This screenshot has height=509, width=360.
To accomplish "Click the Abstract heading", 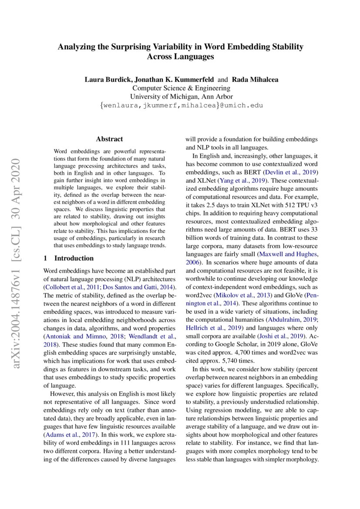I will pyautogui.click(x=109, y=139).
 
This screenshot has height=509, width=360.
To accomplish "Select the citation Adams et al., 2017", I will pyautogui.click(x=70, y=434).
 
